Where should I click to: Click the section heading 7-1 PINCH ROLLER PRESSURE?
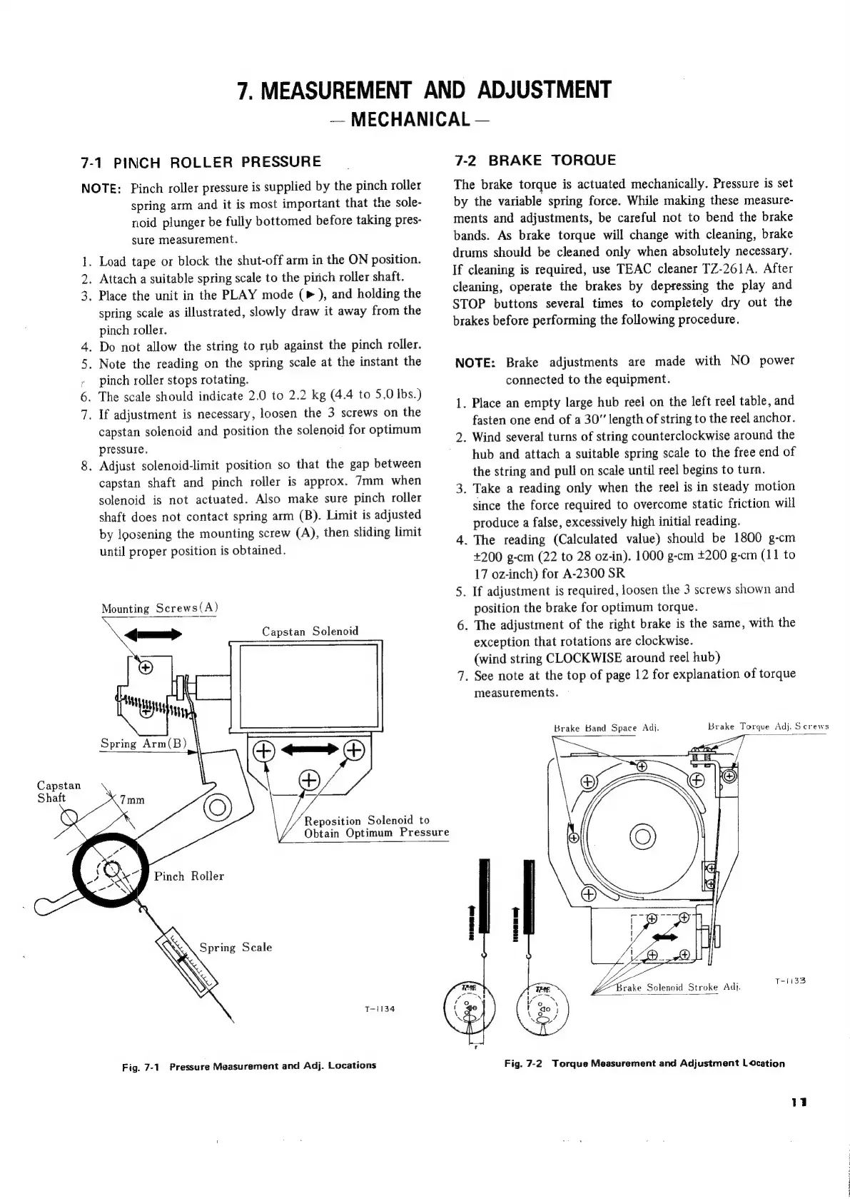[201, 161]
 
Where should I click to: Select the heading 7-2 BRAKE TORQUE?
[535, 160]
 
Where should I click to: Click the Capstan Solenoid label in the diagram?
[310, 632]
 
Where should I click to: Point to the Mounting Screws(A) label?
[159, 609]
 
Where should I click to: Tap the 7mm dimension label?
[132, 799]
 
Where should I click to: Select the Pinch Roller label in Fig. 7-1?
[189, 876]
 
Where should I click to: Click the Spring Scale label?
[236, 948]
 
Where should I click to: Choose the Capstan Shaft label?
[59, 791]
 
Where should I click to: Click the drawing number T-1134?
[379, 1009]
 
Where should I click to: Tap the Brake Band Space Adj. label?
[606, 728]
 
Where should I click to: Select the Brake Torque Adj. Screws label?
[768, 727]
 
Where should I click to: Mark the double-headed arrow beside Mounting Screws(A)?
[153, 634]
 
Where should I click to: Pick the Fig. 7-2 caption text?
[644, 1063]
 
